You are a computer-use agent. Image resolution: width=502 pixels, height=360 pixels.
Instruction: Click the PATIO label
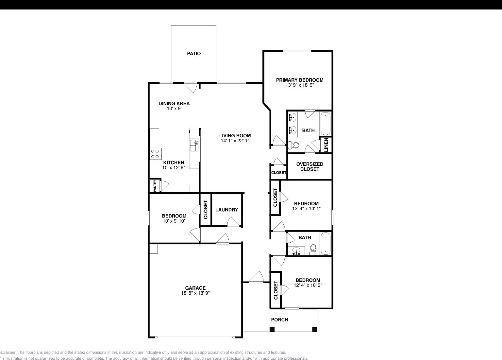point(194,54)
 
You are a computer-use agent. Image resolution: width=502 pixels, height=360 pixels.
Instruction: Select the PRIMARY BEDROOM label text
point(300,80)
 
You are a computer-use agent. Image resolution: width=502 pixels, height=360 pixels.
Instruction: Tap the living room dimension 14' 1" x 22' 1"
point(235,141)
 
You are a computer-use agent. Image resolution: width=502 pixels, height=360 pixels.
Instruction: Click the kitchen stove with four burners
point(155,154)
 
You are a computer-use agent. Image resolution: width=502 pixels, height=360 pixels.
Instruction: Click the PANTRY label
point(155,186)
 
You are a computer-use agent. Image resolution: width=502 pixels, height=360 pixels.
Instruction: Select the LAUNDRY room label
point(226,210)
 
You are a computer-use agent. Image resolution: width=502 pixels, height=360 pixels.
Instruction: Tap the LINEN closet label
point(326,145)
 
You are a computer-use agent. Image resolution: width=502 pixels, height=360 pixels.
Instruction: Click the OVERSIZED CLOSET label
point(310,167)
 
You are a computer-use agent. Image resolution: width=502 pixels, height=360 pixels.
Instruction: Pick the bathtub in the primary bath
point(326,124)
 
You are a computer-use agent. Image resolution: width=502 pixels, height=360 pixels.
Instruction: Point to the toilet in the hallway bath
point(313,250)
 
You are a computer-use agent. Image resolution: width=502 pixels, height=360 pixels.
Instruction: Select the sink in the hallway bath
point(296,251)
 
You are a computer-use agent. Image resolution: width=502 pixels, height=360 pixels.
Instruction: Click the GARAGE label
point(195,288)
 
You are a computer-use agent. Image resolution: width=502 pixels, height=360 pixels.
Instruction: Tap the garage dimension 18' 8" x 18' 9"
point(195,293)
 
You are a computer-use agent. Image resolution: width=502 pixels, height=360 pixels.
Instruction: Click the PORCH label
point(279,320)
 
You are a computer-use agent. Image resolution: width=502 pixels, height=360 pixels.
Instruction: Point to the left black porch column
point(272,329)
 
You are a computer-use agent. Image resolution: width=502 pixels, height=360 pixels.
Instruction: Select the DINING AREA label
point(174,104)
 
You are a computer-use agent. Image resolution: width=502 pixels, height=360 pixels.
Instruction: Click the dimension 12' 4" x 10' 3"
point(308,285)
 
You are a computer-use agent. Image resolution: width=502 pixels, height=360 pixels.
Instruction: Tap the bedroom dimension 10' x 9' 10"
point(174,221)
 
